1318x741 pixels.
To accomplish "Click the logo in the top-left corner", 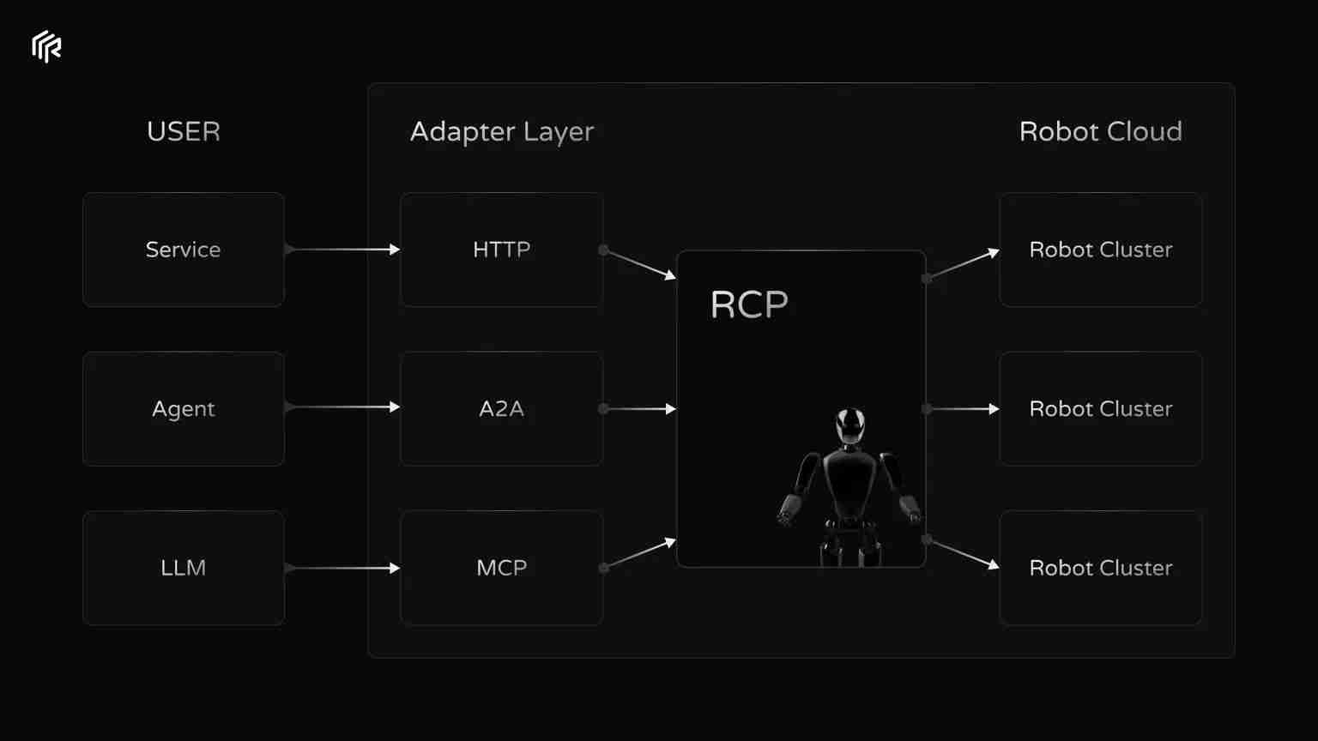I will [x=46, y=46].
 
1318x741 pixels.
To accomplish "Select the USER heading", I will [x=184, y=131].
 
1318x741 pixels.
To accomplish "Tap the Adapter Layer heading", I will [x=502, y=131].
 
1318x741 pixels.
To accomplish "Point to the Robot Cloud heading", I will [x=1100, y=131].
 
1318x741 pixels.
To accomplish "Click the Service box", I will [x=184, y=250].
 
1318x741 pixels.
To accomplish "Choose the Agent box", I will [x=184, y=409].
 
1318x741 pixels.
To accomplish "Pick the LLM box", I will [x=184, y=568].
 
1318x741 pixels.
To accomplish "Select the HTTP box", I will [x=502, y=250].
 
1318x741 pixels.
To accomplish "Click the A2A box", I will [x=502, y=409].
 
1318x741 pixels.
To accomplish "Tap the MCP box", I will [x=502, y=568].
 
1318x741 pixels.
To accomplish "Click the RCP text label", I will [x=749, y=304].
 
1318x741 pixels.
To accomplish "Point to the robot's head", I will [x=850, y=425].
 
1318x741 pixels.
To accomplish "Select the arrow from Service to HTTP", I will [x=342, y=250].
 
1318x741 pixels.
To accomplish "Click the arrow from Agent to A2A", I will [x=342, y=407].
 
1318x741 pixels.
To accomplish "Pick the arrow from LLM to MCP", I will [x=342, y=568].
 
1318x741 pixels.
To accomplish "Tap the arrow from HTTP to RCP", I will [x=640, y=264].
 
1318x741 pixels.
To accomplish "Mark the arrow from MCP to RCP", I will [x=640, y=554].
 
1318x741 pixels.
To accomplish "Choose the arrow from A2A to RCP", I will [x=640, y=409].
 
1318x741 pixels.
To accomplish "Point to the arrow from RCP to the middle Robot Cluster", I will [x=963, y=409].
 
